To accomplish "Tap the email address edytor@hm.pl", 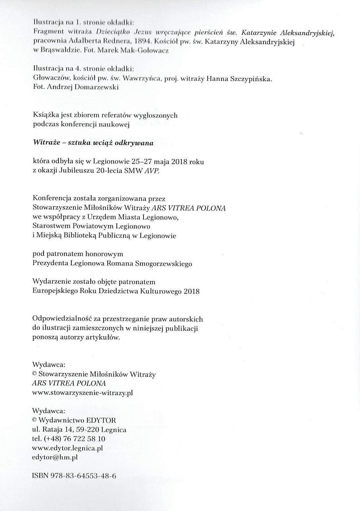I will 55,457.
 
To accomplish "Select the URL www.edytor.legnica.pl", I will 67,448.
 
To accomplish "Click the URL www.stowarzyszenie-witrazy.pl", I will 83,393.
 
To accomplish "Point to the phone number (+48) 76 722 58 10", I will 73,439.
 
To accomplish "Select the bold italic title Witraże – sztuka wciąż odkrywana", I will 93,143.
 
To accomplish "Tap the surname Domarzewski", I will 97,87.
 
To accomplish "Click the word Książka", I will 46,115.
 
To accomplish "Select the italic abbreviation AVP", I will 152,171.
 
